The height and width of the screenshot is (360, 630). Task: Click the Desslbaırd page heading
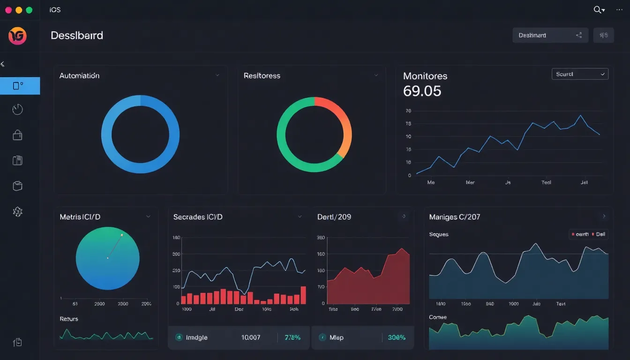(77, 36)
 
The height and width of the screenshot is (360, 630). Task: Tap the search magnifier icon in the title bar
(598, 10)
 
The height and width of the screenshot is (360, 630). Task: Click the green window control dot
(29, 10)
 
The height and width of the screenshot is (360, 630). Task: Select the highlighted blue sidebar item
(20, 86)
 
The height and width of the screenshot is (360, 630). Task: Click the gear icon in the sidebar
(17, 212)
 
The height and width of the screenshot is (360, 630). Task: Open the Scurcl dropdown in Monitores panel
(580, 74)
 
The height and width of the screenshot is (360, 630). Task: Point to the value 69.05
(422, 91)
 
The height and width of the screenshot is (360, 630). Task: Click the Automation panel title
(79, 75)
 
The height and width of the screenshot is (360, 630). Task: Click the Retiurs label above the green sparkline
(69, 319)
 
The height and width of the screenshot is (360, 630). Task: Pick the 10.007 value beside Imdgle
(250, 337)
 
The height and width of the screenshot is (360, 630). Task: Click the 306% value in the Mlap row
(396, 337)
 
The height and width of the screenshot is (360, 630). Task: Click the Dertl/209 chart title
(334, 217)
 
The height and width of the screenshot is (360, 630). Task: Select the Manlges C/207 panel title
(454, 217)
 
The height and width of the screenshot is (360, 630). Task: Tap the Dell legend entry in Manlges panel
(599, 234)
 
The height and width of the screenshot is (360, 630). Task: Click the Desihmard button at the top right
(550, 35)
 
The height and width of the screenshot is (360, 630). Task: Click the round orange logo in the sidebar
(17, 36)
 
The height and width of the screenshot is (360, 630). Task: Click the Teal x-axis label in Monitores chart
(546, 183)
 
